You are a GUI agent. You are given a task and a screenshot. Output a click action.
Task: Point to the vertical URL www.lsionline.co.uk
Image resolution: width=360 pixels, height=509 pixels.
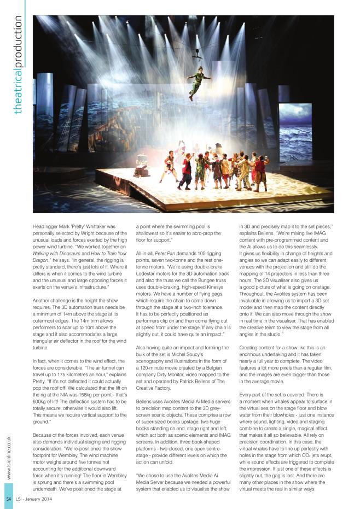(9, 457)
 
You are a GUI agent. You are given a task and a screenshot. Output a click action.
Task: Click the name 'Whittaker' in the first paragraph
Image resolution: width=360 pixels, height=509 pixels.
(108, 225)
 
